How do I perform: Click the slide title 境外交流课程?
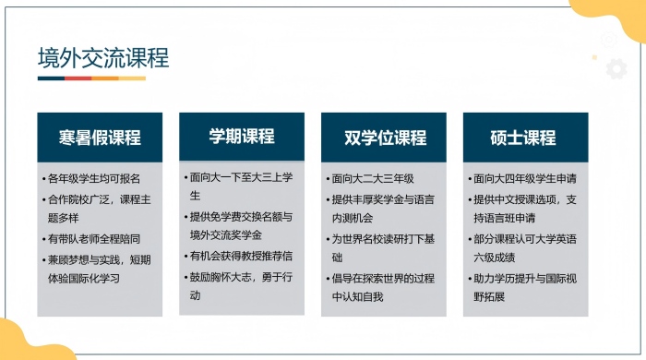click(x=103, y=57)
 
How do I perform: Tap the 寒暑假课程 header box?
click(x=100, y=138)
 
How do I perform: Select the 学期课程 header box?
click(x=241, y=137)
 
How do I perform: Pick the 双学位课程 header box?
click(x=383, y=138)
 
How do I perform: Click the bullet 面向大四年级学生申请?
click(x=524, y=178)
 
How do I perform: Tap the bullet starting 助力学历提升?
click(x=524, y=286)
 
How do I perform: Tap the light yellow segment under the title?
click(x=133, y=78)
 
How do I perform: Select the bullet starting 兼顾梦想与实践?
click(x=97, y=268)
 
